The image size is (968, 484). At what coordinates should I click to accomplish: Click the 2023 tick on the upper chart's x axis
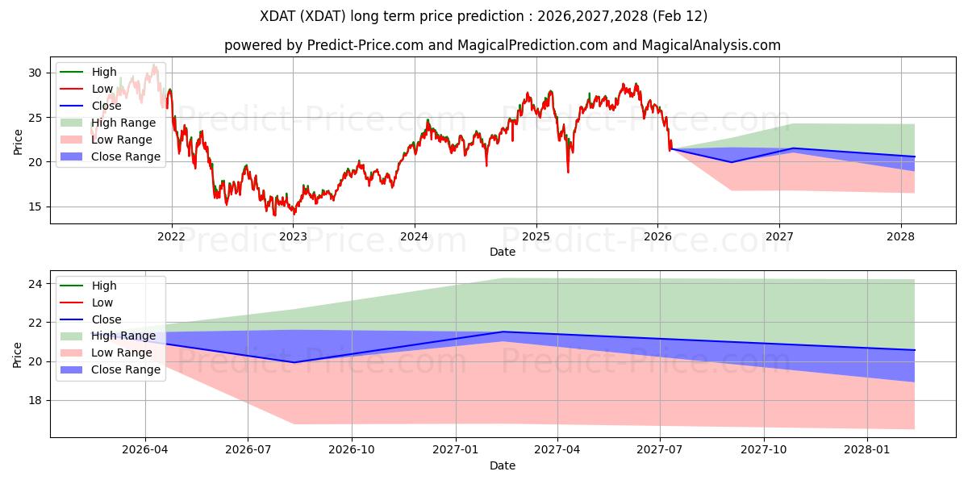(x=293, y=236)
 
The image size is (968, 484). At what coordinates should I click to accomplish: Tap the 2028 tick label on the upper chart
(x=901, y=236)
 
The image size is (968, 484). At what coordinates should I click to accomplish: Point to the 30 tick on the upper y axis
(x=35, y=73)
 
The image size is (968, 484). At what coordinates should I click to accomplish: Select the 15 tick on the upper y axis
(x=35, y=207)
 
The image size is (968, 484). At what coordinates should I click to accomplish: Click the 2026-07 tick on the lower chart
(x=248, y=450)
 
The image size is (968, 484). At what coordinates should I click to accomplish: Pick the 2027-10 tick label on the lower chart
(x=764, y=450)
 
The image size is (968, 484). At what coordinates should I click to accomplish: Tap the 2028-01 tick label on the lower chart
(x=867, y=450)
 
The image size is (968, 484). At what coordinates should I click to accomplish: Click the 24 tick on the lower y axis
(x=35, y=284)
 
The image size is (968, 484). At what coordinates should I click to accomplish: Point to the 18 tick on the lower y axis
(x=35, y=400)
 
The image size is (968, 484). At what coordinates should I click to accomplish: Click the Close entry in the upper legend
(x=106, y=106)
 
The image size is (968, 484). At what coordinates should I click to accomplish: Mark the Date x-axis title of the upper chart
(x=503, y=252)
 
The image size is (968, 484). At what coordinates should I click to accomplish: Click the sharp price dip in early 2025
(x=568, y=171)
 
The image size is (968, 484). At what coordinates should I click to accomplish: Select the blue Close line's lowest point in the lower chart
(x=294, y=362)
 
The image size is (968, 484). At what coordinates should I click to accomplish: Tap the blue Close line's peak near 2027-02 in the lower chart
(x=503, y=332)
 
